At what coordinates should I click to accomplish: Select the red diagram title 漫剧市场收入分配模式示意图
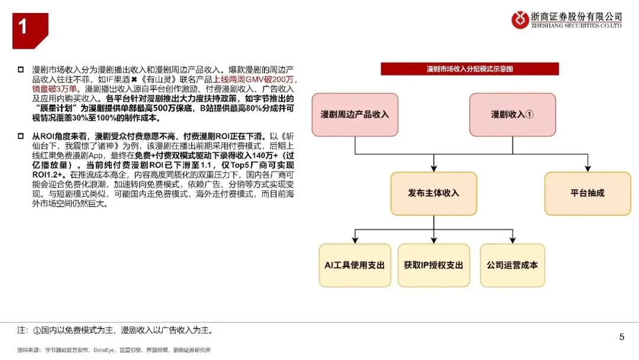(470, 69)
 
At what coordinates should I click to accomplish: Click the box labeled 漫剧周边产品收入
(355, 114)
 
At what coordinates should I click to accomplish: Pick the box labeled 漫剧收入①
(512, 114)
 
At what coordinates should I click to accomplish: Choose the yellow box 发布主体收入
(434, 193)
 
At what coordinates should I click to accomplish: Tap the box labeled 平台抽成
(588, 193)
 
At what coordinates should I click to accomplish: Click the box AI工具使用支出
(355, 265)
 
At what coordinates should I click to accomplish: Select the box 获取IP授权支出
(434, 265)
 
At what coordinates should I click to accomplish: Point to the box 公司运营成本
(512, 265)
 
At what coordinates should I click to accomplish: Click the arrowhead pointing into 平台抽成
(588, 169)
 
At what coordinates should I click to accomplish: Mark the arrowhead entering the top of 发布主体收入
(434, 169)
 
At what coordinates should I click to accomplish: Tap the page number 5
(621, 337)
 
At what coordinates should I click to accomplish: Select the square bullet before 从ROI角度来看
(21, 136)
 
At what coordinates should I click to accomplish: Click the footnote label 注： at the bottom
(23, 330)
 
